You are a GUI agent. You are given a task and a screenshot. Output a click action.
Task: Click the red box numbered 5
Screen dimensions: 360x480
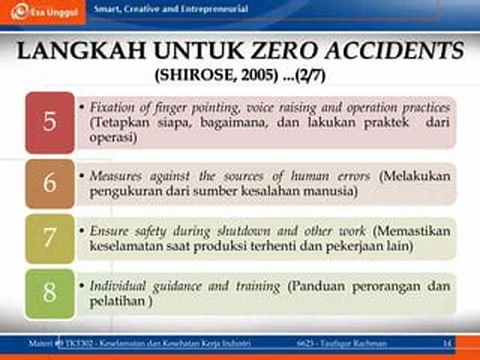[50, 122]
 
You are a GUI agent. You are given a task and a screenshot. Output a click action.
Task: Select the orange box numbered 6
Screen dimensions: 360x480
[50, 184]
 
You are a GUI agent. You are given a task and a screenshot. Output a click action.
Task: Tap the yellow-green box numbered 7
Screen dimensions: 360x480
[50, 238]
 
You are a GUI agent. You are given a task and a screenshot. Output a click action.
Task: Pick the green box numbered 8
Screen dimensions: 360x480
[50, 293]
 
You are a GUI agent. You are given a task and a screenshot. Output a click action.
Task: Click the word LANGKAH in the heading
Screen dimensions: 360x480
[77, 54]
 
